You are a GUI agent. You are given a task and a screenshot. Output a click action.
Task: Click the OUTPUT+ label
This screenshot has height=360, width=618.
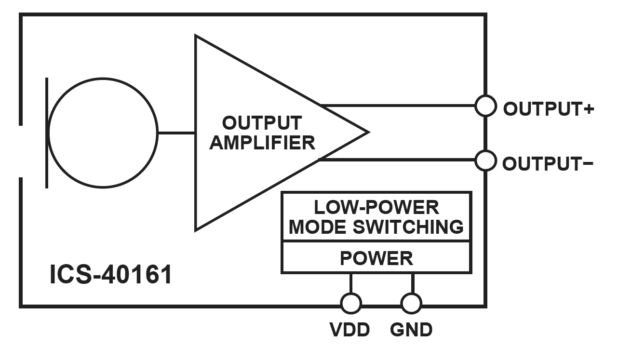pyautogui.click(x=548, y=109)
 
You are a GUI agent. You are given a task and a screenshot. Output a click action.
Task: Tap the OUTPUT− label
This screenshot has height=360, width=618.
pyautogui.click(x=548, y=164)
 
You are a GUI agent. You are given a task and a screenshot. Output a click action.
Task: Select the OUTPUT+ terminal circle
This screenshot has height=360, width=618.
pyautogui.click(x=485, y=106)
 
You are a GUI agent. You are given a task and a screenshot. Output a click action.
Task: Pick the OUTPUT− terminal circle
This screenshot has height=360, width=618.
pyautogui.click(x=485, y=160)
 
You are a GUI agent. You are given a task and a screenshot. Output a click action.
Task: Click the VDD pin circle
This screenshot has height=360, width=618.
pyautogui.click(x=350, y=304)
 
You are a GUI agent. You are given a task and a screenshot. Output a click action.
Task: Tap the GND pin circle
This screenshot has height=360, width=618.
pyautogui.click(x=411, y=304)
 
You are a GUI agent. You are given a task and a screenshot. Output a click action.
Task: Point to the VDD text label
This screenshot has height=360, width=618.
pyautogui.click(x=350, y=330)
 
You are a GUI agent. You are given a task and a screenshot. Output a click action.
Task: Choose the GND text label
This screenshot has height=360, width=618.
pyautogui.click(x=411, y=330)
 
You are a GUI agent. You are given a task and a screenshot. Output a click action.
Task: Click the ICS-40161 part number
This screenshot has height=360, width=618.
pyautogui.click(x=111, y=275)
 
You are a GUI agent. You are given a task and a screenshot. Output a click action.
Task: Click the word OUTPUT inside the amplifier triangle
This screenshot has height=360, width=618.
pyautogui.click(x=262, y=122)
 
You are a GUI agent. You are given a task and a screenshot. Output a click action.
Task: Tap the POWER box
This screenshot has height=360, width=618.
pyautogui.click(x=376, y=258)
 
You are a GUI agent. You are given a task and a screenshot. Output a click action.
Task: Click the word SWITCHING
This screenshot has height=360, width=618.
pyautogui.click(x=410, y=227)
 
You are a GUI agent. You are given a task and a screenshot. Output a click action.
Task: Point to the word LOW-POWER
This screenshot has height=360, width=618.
pyautogui.click(x=376, y=207)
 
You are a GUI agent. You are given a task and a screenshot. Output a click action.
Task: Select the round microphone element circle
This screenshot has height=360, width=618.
pyautogui.click(x=103, y=133)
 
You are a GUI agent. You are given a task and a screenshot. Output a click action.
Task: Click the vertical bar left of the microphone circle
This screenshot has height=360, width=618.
pyautogui.click(x=47, y=133)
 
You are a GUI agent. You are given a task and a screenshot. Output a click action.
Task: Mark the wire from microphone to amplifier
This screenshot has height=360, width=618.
pyautogui.click(x=176, y=133)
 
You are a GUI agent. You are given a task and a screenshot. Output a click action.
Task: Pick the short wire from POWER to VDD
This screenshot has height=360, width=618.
pyautogui.click(x=350, y=284)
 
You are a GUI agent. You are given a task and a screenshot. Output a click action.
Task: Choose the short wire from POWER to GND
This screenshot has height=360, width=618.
pyautogui.click(x=412, y=284)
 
